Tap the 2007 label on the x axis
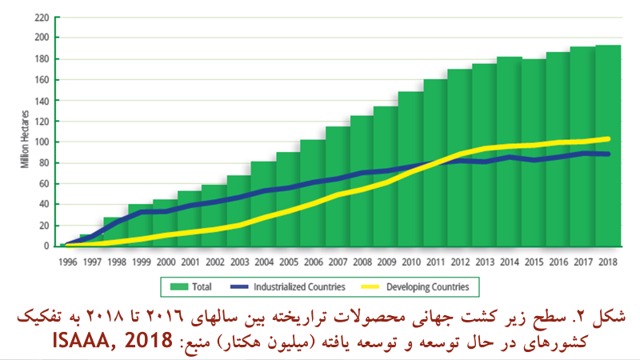click(x=337, y=260)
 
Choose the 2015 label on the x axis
click(x=534, y=260)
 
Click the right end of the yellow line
click(x=609, y=138)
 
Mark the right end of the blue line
click(x=609, y=154)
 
